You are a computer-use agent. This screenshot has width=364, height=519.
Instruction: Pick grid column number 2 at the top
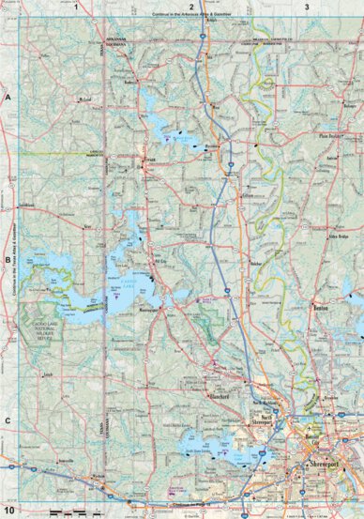point(191,7)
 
